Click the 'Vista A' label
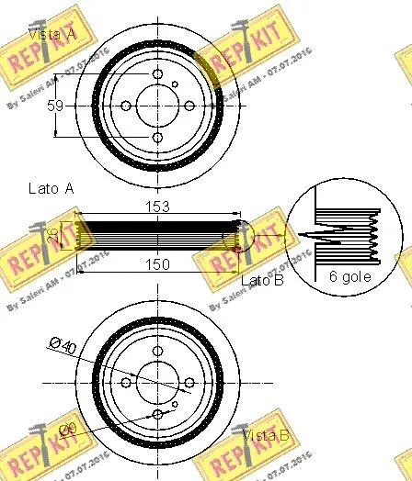tap(52, 34)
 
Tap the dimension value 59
tap(55, 106)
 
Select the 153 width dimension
tap(157, 207)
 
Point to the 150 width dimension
tap(157, 264)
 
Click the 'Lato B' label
tap(261, 279)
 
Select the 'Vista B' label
tap(266, 437)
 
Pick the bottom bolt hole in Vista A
tap(157, 138)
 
